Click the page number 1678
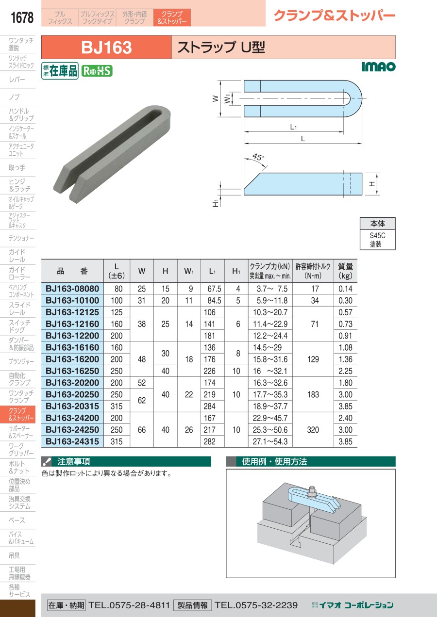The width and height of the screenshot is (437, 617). point(22,17)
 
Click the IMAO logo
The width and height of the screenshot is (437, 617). point(378,67)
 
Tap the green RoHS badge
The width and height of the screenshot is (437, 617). point(97,71)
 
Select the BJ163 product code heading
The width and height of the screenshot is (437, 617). point(106,47)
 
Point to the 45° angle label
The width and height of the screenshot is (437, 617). point(258,157)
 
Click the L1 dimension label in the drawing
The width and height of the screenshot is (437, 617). point(293,127)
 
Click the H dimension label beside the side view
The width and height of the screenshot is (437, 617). point(371,184)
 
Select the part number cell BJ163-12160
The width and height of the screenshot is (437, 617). point(72,324)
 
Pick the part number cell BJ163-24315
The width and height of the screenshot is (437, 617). point(72,441)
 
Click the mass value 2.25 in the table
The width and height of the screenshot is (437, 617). point(345,371)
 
